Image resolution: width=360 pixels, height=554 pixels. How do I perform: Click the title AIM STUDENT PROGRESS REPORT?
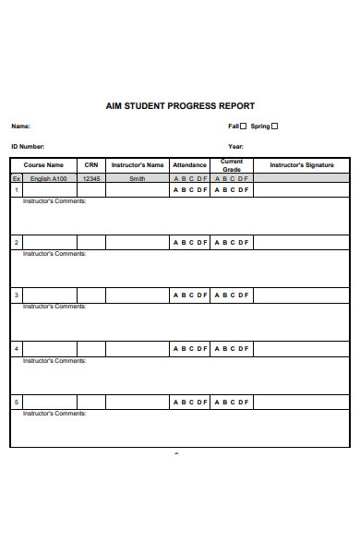click(x=180, y=106)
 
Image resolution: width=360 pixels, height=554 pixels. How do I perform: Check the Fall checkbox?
click(x=244, y=126)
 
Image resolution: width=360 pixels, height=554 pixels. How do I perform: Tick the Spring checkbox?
click(x=274, y=126)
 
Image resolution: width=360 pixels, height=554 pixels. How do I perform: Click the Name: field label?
click(x=20, y=126)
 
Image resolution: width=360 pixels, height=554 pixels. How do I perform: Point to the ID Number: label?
click(x=28, y=147)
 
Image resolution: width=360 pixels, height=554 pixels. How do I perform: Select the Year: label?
click(x=236, y=147)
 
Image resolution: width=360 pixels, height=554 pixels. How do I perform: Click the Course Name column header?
click(x=43, y=165)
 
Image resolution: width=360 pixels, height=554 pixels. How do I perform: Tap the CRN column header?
click(x=90, y=165)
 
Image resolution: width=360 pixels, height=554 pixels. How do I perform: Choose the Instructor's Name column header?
click(x=138, y=165)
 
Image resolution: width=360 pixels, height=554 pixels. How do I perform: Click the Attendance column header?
click(x=190, y=165)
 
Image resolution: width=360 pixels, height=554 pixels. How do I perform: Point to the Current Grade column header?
click(x=232, y=165)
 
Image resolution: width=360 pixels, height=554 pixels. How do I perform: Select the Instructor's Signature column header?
click(x=302, y=165)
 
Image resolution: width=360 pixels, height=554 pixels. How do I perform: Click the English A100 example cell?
click(x=47, y=178)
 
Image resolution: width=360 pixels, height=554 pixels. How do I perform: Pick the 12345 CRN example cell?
click(x=90, y=178)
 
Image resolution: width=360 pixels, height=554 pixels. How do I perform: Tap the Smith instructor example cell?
click(x=138, y=178)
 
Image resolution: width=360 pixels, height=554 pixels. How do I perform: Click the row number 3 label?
click(x=16, y=295)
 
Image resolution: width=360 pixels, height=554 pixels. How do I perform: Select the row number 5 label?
click(x=16, y=402)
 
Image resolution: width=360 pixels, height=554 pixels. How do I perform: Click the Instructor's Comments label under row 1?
click(x=54, y=200)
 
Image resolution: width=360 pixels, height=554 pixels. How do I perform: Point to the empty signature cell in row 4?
click(x=302, y=349)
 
